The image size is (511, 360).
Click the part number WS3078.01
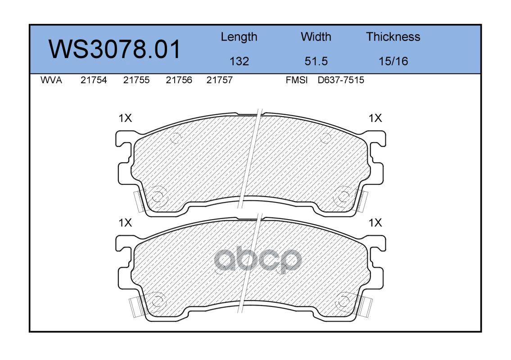(x=114, y=49)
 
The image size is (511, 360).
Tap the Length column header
(x=239, y=37)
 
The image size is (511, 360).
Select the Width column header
(x=316, y=37)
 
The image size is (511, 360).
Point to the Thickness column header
(x=393, y=37)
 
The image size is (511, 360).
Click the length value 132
(x=239, y=61)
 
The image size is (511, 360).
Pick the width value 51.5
(x=316, y=61)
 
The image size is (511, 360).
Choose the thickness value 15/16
(x=393, y=61)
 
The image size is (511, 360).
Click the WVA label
(x=51, y=80)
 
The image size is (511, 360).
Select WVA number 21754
(x=94, y=80)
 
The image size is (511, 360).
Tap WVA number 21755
(x=136, y=80)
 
